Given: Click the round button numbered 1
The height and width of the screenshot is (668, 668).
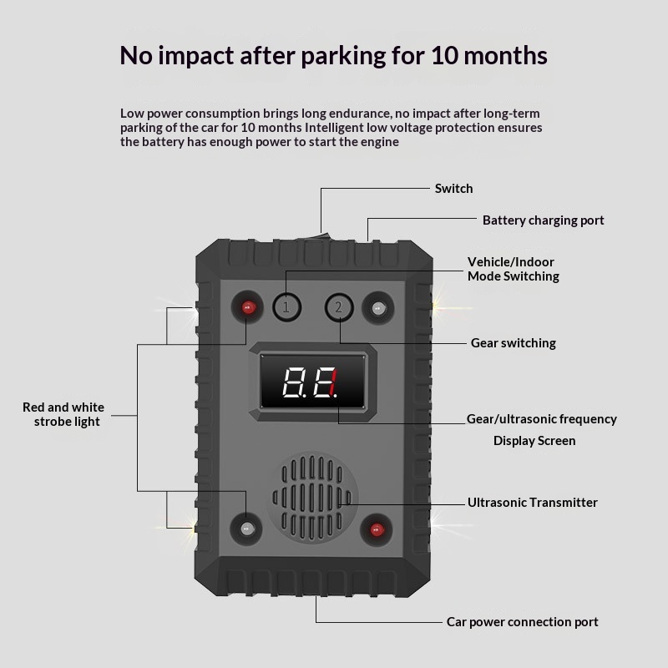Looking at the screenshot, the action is (x=286, y=306).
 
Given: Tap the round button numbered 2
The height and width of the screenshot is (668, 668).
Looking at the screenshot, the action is (x=339, y=307).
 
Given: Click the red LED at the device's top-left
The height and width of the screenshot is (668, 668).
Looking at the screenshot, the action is (x=247, y=307).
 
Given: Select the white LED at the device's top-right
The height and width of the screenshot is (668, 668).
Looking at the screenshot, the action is (x=378, y=307).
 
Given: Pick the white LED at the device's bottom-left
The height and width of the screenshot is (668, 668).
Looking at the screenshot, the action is (x=246, y=529).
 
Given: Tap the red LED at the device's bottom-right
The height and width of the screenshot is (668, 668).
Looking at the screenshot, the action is (x=377, y=529).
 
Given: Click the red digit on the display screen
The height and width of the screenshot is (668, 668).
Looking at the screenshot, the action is (x=333, y=383).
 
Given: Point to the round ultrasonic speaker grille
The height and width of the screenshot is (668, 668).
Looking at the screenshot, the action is (x=312, y=498).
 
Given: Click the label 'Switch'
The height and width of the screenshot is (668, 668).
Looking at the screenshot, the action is (x=453, y=189).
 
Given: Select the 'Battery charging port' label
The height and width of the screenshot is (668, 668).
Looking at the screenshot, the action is (x=544, y=220).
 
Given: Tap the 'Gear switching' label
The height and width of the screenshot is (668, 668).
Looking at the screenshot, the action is (x=514, y=343).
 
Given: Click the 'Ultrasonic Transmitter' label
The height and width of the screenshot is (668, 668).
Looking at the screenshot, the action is (x=533, y=503).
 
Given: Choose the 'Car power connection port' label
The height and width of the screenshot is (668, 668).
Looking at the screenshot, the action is (x=523, y=622).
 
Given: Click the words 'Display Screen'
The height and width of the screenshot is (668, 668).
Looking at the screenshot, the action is (x=534, y=441).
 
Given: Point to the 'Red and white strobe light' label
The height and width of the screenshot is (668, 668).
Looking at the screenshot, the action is (x=63, y=414).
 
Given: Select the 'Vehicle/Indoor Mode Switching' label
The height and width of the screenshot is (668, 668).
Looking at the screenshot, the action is (x=514, y=269).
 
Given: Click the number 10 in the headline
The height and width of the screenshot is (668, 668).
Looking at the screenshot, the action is (x=445, y=55).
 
